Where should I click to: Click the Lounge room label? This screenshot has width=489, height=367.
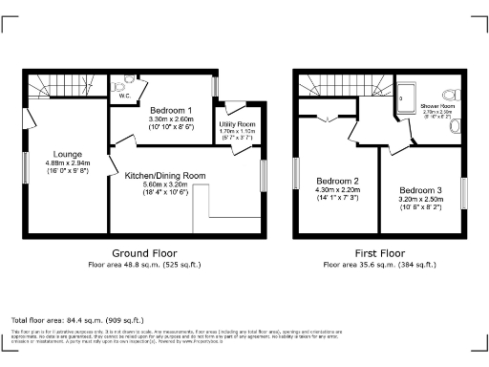coord(68,153)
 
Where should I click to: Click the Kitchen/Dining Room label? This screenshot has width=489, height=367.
coord(165,176)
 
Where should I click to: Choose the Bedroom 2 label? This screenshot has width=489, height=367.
coord(337,182)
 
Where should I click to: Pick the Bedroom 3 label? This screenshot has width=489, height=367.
coord(420,190)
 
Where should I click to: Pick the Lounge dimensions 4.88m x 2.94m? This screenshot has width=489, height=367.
coord(68,164)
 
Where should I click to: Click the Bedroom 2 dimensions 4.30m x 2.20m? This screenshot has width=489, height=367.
coord(337,193)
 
